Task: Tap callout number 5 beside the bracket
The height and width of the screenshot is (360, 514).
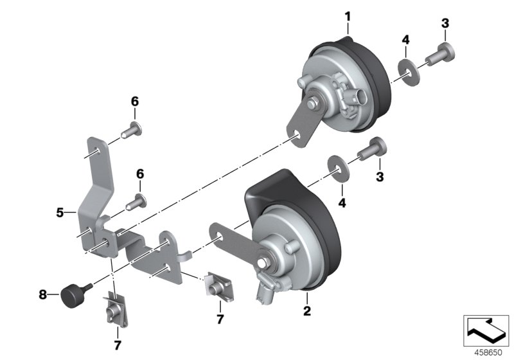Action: click(60, 211)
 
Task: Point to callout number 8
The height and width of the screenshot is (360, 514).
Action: click(43, 295)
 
